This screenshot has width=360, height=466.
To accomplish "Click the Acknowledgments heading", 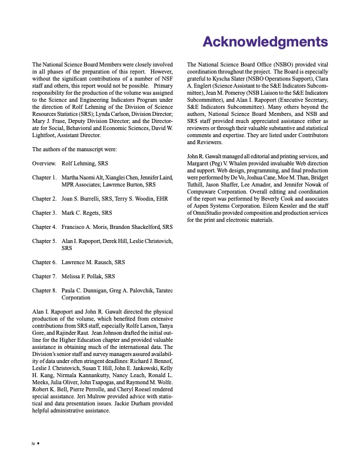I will tap(265, 42).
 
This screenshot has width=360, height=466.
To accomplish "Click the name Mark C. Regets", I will tap(81, 211).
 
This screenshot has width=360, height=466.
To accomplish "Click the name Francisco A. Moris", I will tap(88, 226).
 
